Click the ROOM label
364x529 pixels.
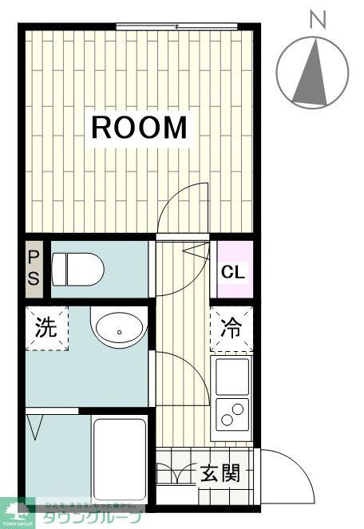coord(140,128)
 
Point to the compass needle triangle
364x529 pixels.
coord(312,73)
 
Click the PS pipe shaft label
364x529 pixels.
coord(34,268)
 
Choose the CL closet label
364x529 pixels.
coord(233,272)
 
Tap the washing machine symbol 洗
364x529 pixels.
coord(45,329)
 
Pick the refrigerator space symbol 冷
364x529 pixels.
coord(231,327)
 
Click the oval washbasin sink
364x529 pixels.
coord(119,329)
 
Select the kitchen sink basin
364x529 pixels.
coord(231,376)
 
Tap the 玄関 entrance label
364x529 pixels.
coord(219,474)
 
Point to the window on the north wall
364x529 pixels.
coord(176,28)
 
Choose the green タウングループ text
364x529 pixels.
coord(88,517)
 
